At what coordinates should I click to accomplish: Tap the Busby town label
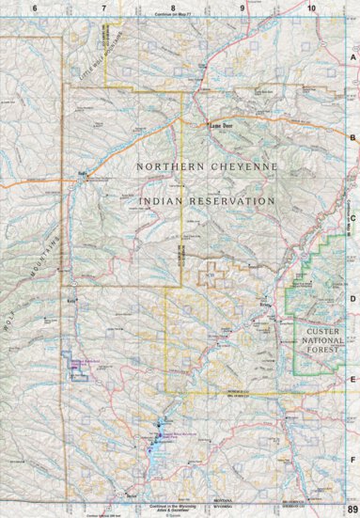(82, 173)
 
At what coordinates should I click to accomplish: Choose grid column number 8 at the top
(173, 7)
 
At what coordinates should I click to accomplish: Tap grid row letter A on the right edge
(352, 56)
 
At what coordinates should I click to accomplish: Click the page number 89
(352, 509)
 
